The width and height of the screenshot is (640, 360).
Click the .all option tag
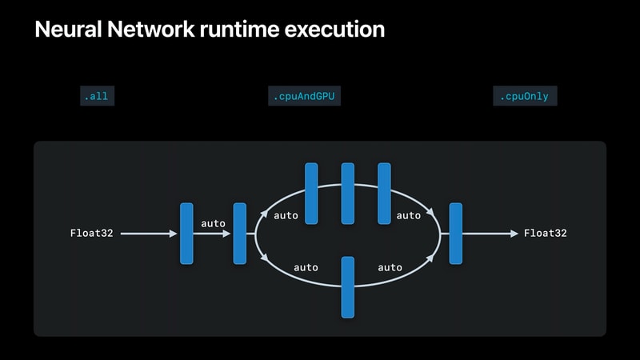[x=97, y=96]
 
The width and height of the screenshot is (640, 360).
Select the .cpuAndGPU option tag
[x=304, y=96]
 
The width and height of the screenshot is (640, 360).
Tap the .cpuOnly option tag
[x=525, y=96]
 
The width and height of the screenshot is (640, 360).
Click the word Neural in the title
[x=68, y=30]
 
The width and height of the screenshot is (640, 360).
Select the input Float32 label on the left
[x=91, y=233]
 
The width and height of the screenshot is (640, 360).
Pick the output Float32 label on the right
[x=546, y=233]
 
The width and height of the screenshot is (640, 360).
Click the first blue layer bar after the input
[x=186, y=234]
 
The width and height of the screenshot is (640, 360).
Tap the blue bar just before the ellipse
[x=239, y=234]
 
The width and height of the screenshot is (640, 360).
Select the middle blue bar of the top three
[x=348, y=194]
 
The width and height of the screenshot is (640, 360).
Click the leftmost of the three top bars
[x=311, y=194]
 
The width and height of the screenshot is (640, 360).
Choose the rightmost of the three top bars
[x=384, y=194]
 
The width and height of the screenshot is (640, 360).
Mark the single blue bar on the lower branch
[x=348, y=287]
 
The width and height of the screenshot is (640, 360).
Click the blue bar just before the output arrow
[x=456, y=234]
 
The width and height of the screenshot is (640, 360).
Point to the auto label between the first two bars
[x=213, y=223]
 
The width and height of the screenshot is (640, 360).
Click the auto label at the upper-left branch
[x=286, y=215]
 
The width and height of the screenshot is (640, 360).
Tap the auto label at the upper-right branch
[x=409, y=215]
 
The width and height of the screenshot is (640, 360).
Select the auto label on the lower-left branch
[x=306, y=267]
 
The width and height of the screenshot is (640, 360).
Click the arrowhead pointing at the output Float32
[x=514, y=234]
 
